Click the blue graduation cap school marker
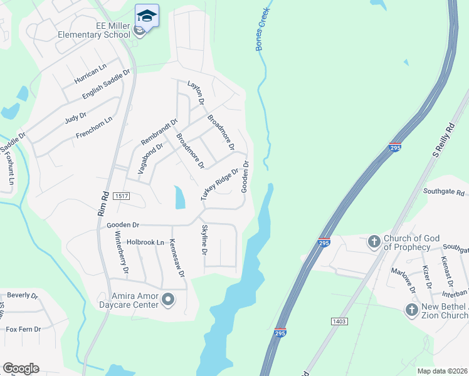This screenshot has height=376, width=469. pyautogui.click(x=147, y=15)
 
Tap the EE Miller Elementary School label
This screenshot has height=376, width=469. pyautogui.click(x=93, y=30)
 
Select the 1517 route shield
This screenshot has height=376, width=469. pyautogui.click(x=122, y=197)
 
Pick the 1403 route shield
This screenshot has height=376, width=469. pyautogui.click(x=339, y=321)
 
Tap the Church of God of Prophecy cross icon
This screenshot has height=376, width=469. pyautogui.click(x=374, y=241)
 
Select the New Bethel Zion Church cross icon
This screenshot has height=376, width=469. pyautogui.click(x=411, y=309)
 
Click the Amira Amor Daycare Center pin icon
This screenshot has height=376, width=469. pyautogui.click(x=167, y=300)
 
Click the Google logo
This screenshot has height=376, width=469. pyautogui.click(x=21, y=368)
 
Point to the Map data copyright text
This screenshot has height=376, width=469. pyautogui.click(x=442, y=371)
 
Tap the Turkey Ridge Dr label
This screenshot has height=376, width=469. pyautogui.click(x=219, y=184)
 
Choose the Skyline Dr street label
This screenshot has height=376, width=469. pyautogui.click(x=204, y=240)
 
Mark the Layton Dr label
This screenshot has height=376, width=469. pyautogui.click(x=196, y=92)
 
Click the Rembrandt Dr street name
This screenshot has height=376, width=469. pyautogui.click(x=159, y=131)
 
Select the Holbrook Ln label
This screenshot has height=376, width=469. pyautogui.click(x=145, y=242)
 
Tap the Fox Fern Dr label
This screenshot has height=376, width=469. pyautogui.click(x=23, y=328)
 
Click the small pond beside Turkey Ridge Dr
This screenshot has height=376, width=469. pyautogui.click(x=180, y=198)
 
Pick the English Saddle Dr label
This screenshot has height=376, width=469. pyautogui.click(x=106, y=84)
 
